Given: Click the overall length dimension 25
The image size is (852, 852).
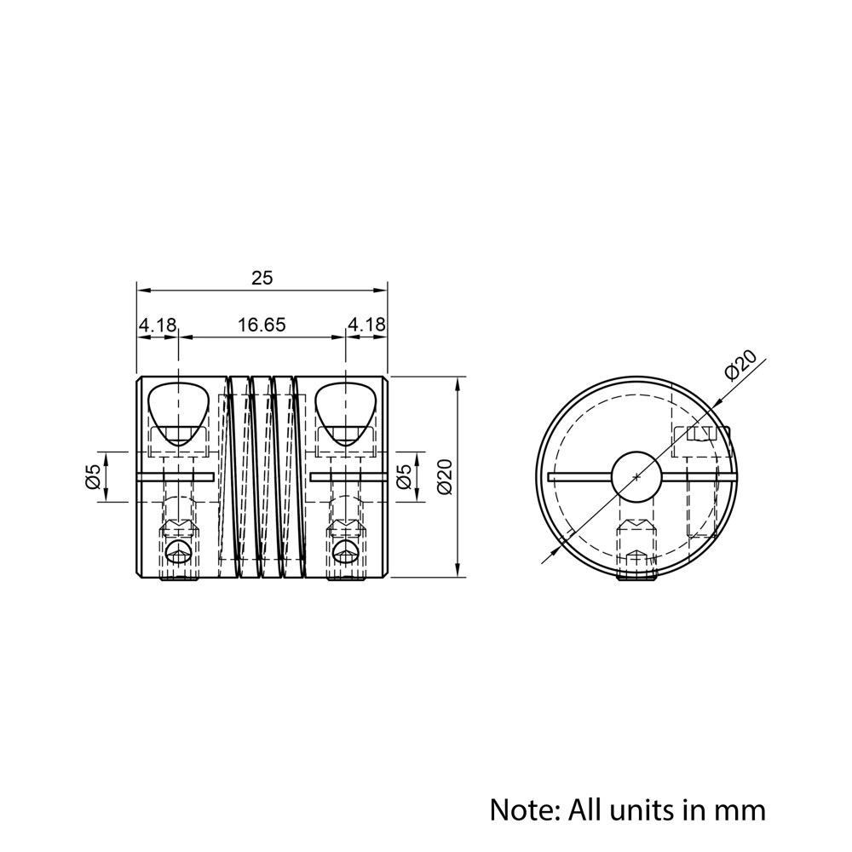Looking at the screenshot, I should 262,278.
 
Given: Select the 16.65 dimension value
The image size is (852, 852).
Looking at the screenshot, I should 262,325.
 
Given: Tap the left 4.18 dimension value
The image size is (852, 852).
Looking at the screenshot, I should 158,325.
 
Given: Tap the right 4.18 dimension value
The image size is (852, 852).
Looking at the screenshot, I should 366,325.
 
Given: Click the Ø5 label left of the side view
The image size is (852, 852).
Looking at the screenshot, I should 93,476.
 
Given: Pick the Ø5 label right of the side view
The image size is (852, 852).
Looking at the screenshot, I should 406,476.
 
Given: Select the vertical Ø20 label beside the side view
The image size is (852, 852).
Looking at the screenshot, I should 444,476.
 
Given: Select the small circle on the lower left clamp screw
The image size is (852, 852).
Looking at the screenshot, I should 178,551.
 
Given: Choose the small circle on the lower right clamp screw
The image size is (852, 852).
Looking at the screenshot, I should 345,551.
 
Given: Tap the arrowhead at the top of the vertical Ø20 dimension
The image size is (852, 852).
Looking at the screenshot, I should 460,382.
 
